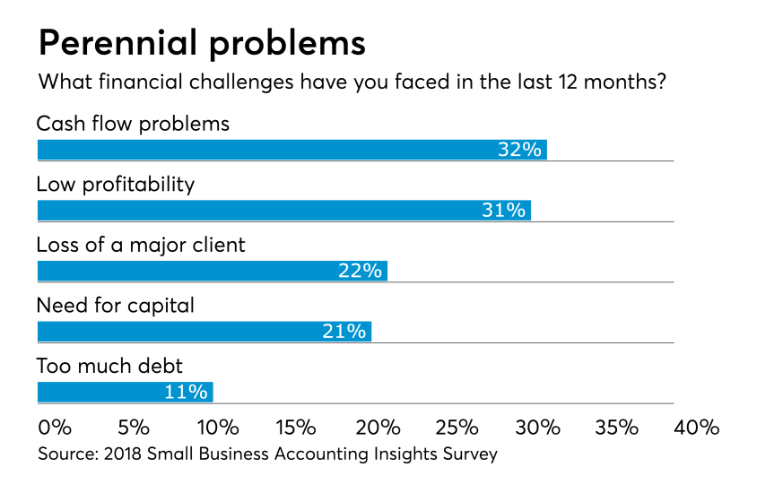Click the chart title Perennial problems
tap(201, 43)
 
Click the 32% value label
tap(520, 150)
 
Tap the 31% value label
tap(503, 211)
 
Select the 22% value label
tap(361, 271)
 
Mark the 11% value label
tap(187, 392)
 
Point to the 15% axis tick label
tap(296, 427)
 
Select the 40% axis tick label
tap(697, 427)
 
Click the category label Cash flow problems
tap(133, 123)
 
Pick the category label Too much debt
tap(110, 366)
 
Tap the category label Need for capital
tap(115, 306)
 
